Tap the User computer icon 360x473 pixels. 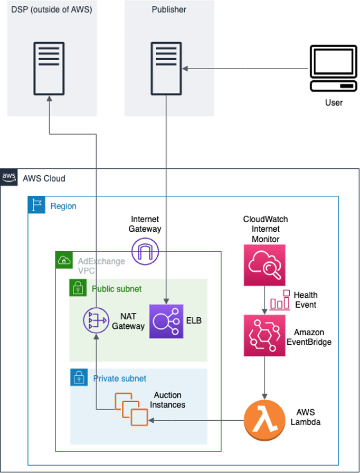pyautogui.click(x=333, y=69)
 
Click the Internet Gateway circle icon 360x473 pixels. pyautogui.click(x=145, y=250)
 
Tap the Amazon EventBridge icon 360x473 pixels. pyautogui.click(x=264, y=336)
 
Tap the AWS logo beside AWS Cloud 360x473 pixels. pyautogui.click(x=10, y=177)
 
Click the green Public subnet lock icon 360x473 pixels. pyautogui.click(x=78, y=288)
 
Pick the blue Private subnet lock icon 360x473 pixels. pyautogui.click(x=79, y=377)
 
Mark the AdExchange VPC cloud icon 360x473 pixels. pyautogui.click(x=63, y=260)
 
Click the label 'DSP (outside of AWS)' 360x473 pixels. pyautogui.click(x=52, y=10)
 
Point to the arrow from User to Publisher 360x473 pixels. pyautogui.click(x=245, y=69)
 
